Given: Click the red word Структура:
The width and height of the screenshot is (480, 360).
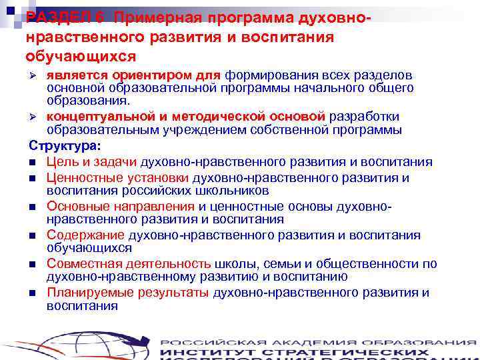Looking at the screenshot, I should coord(65,145).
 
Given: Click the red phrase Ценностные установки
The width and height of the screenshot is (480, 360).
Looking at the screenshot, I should coord(118,178).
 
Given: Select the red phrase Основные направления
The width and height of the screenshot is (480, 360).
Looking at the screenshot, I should coord(121,207).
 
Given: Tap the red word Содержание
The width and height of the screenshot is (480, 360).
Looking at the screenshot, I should coord(85,235).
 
